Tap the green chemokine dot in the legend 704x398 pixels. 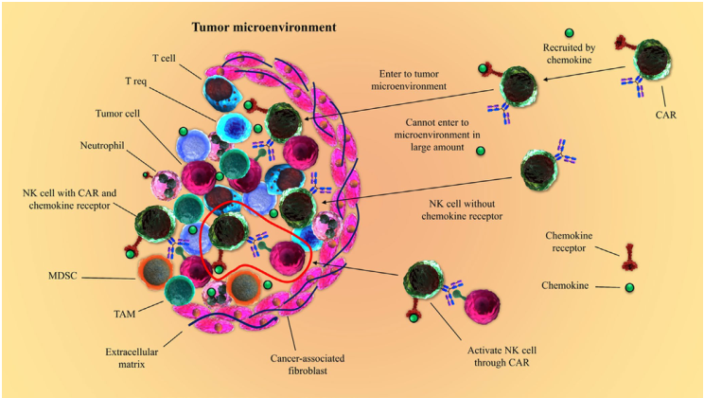click(628, 286)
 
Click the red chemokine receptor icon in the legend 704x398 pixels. click(628, 253)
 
